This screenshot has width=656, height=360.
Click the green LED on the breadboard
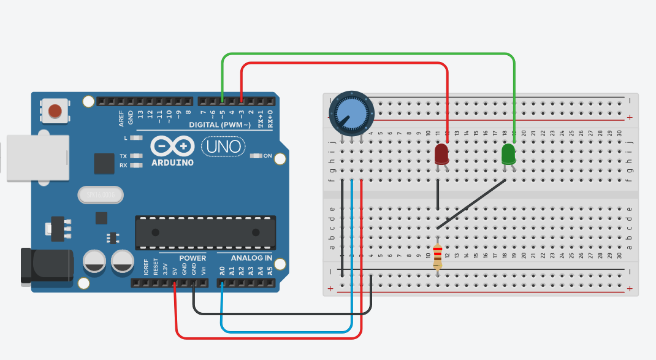(509, 153)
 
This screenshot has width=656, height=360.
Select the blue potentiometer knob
(351, 114)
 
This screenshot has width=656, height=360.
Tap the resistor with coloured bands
(437, 257)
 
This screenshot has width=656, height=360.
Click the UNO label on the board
(223, 147)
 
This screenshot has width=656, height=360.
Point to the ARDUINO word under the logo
(172, 163)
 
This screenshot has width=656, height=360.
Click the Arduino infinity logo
(172, 147)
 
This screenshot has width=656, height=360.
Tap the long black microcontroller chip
(205, 232)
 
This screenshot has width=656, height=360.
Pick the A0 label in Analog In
(222, 270)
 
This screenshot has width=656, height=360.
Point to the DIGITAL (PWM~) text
(219, 125)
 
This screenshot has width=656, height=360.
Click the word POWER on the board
(193, 258)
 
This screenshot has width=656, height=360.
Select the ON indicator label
(267, 156)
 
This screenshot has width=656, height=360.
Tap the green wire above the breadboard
(368, 54)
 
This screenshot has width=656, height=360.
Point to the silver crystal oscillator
(100, 195)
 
